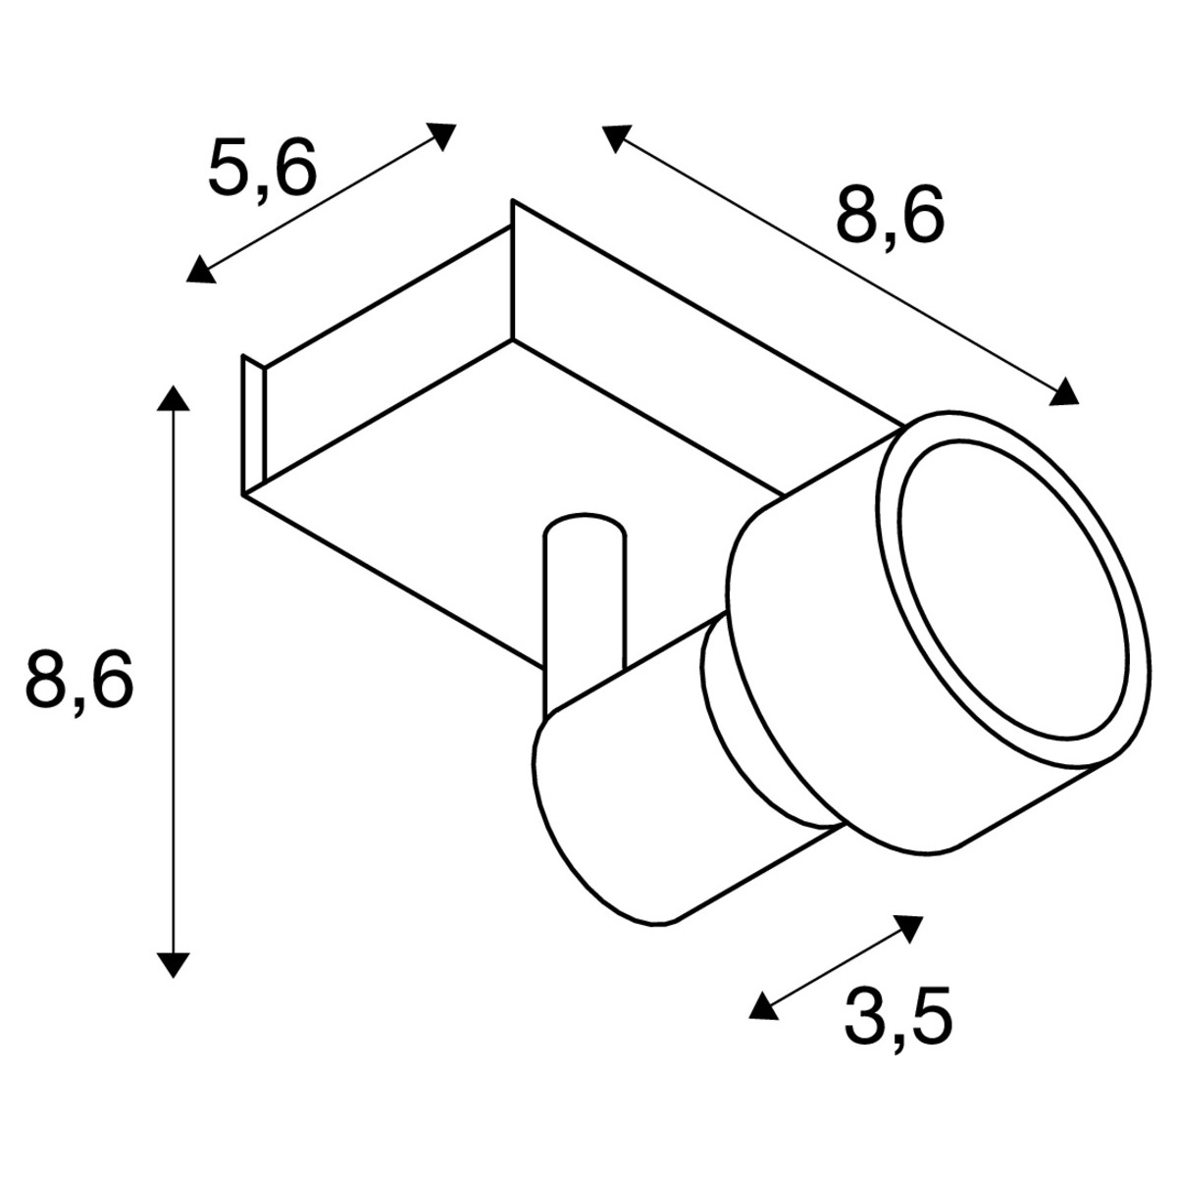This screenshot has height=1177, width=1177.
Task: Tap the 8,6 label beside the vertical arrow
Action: coord(78,678)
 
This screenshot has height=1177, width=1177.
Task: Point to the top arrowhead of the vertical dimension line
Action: coord(173,397)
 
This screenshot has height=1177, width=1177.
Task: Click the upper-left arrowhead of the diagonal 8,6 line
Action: coord(615,136)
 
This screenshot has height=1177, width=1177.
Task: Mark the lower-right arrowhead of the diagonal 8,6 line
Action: coord(1065,394)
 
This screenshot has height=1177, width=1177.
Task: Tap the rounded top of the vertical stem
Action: coord(585,525)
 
